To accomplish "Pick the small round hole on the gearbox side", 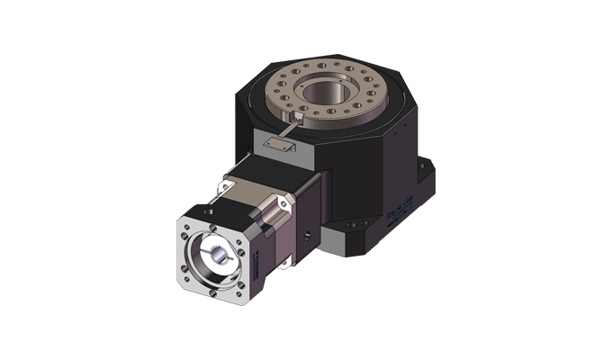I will tap(306, 236).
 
